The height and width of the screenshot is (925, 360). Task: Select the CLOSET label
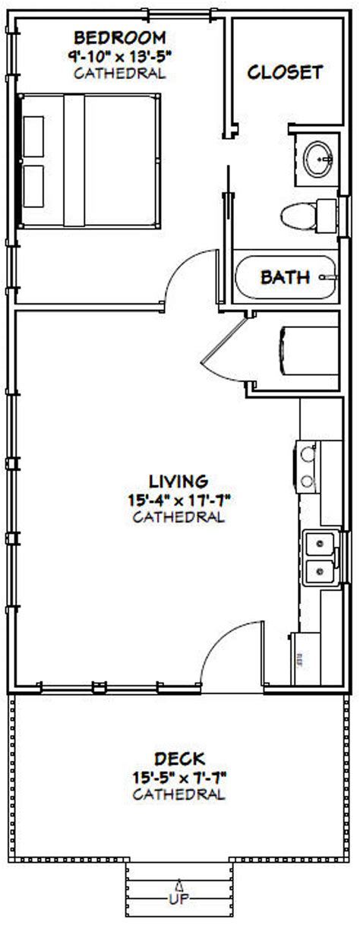[x=286, y=72]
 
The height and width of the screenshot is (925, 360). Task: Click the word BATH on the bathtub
[x=285, y=277]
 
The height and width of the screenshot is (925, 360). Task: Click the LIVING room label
[x=178, y=481]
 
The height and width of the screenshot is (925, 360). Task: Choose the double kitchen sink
[x=317, y=557]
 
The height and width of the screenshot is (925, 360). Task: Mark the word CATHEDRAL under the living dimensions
[x=178, y=518]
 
